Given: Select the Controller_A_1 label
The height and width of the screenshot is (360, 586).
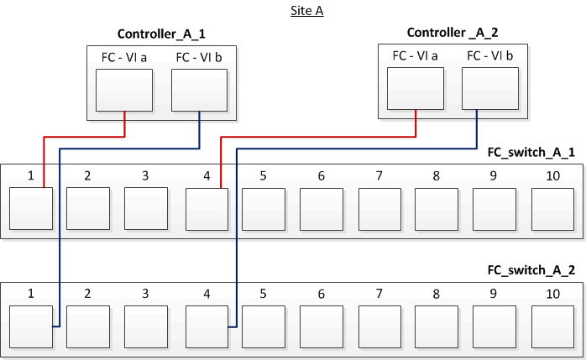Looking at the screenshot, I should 161,34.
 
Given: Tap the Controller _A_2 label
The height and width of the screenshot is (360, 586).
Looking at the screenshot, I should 452,33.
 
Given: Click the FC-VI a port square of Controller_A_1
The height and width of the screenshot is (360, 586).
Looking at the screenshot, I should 124,91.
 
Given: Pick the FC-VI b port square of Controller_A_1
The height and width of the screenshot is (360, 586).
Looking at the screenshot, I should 199,91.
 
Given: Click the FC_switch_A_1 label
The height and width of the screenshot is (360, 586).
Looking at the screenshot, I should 531,154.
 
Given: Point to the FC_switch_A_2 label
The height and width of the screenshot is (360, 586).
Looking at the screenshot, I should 531,271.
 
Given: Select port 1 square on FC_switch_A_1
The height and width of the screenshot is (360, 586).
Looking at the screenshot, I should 31,209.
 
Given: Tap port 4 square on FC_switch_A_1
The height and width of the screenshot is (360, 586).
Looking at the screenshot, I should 207,209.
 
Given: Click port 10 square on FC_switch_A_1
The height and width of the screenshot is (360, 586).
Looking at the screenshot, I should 552,209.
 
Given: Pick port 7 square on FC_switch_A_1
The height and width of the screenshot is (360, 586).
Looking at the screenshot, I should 379,209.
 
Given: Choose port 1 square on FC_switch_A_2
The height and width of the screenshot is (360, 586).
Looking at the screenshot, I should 31,327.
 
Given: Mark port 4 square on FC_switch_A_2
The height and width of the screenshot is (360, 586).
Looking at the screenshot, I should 207,327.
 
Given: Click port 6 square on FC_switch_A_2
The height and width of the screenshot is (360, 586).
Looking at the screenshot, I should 322,327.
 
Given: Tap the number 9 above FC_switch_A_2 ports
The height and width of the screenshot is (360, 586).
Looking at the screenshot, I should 494,294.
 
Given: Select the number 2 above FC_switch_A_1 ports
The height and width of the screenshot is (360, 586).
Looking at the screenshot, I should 87,176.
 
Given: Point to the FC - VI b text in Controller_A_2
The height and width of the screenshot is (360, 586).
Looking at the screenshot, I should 490,56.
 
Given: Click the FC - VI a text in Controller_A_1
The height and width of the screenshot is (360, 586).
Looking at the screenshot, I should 124,58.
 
